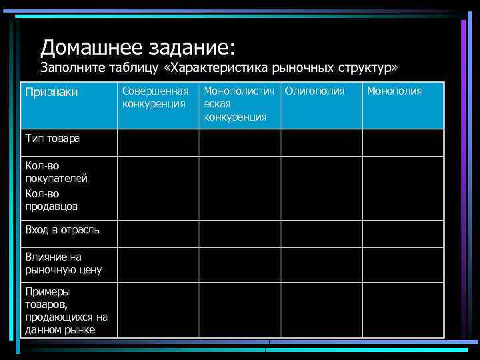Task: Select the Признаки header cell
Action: pyautogui.click(x=51, y=91)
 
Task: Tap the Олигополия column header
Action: pyautogui.click(x=315, y=91)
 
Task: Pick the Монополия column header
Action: pyautogui.click(x=394, y=91)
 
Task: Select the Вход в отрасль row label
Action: pyautogui.click(x=62, y=230)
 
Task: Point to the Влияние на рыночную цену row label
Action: pyautogui.click(x=63, y=263)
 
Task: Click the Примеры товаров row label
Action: pyautogui.click(x=66, y=310)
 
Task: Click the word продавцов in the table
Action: pyautogui.click(x=51, y=207)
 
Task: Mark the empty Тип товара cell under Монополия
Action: pyautogui.click(x=403, y=142)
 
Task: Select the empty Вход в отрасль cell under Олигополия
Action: pyautogui.click(x=321, y=233)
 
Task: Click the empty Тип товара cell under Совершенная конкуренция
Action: pyautogui.click(x=158, y=142)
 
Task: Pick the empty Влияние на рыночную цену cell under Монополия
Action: pyautogui.click(x=403, y=264)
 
